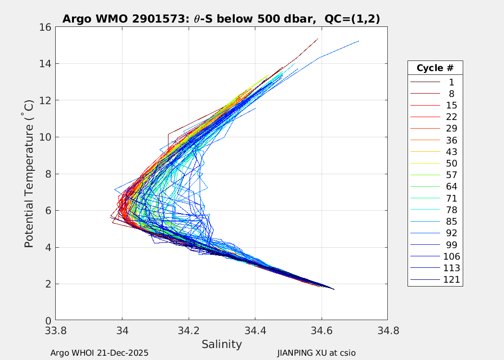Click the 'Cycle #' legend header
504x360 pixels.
click(435, 68)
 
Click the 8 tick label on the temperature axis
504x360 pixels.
click(48, 174)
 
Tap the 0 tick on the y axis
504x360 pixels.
click(48, 321)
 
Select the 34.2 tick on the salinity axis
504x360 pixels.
click(189, 331)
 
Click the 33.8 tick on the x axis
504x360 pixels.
click(55, 331)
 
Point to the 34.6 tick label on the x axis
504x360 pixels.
click(321, 331)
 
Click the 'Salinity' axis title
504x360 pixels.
click(221, 344)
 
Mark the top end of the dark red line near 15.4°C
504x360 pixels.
click(318, 38)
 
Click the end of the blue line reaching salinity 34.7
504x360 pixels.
click(359, 41)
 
